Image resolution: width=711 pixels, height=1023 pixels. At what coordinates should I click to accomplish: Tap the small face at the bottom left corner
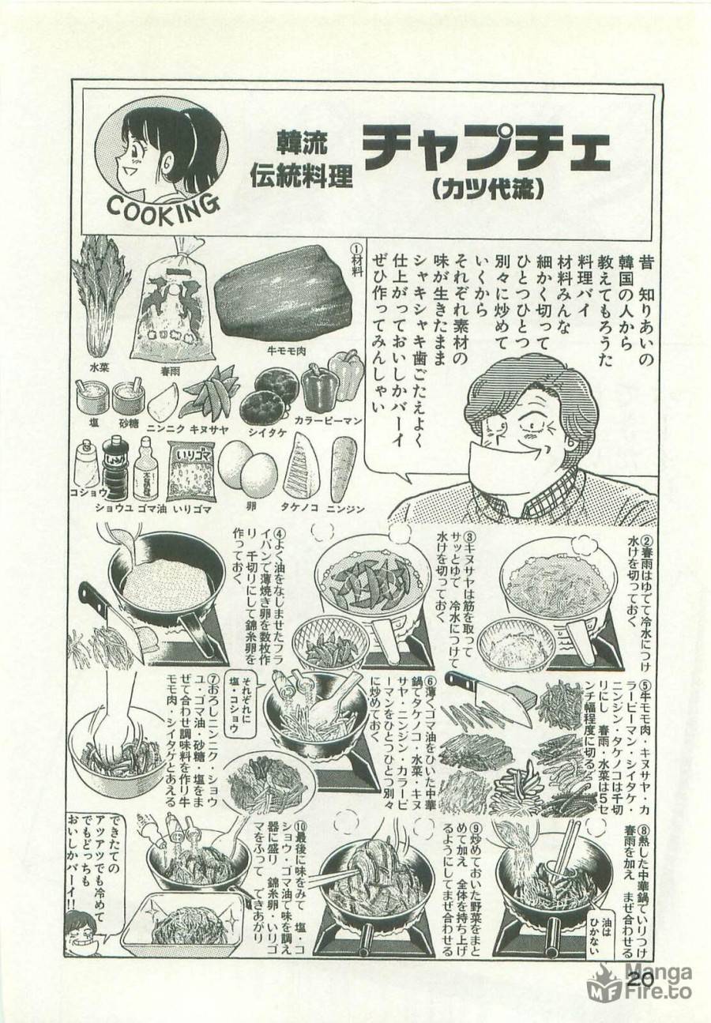pyautogui.click(x=79, y=932)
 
